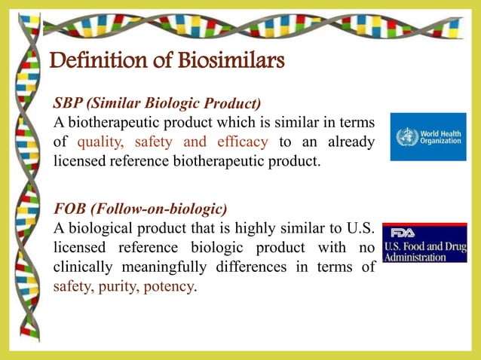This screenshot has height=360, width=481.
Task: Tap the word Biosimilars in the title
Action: click(x=230, y=59)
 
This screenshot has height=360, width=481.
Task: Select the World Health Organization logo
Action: click(x=427, y=136)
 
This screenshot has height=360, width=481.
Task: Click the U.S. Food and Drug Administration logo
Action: click(x=424, y=243)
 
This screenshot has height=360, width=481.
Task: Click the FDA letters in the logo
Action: click(x=403, y=232)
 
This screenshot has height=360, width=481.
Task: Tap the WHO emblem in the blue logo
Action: click(x=406, y=137)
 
